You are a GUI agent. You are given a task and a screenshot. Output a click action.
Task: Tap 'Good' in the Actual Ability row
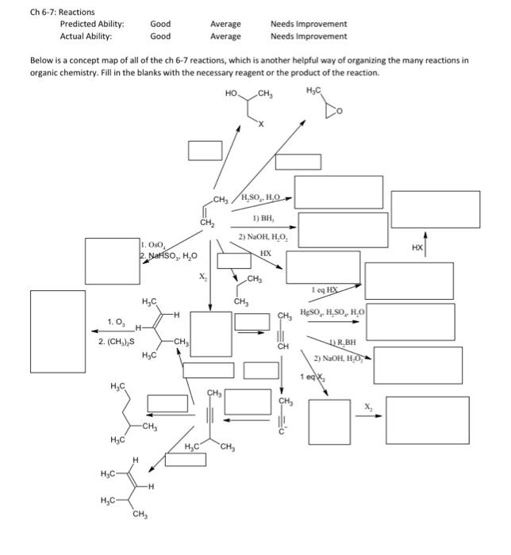[x=160, y=36]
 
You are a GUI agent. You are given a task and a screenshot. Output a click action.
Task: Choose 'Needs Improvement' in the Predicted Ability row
[x=308, y=24]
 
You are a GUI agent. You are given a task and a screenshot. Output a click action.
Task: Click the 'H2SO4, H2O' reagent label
[x=258, y=197]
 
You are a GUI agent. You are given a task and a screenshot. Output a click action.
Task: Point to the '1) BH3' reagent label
[x=264, y=217]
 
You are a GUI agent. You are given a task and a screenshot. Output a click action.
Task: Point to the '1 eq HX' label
[x=325, y=290]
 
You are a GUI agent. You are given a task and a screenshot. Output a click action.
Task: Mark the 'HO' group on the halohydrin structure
[x=232, y=94]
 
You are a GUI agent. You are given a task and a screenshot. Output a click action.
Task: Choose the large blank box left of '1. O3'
[x=57, y=323]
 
